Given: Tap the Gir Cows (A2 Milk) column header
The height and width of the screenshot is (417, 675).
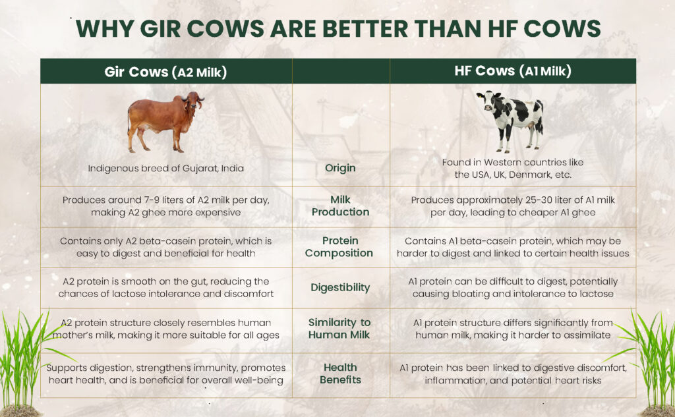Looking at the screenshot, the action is [x=165, y=71].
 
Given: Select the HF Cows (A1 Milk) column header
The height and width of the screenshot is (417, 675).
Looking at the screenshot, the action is [x=513, y=71].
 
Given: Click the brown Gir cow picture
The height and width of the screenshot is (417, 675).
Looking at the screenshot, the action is [x=165, y=122].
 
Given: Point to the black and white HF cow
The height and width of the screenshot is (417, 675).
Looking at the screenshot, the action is [x=511, y=121].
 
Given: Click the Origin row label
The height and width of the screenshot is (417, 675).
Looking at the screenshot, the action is [x=340, y=168].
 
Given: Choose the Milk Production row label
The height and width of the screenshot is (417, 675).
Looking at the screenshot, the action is [x=341, y=206].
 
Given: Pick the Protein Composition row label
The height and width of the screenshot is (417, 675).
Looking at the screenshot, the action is [x=339, y=247].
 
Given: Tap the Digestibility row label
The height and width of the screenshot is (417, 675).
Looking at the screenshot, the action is [x=340, y=287].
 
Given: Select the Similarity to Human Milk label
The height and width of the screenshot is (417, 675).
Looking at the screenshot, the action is [x=339, y=328].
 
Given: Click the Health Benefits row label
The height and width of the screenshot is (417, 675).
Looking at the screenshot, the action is [x=340, y=374].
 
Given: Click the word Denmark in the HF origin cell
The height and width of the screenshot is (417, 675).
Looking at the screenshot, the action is [x=532, y=175].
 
